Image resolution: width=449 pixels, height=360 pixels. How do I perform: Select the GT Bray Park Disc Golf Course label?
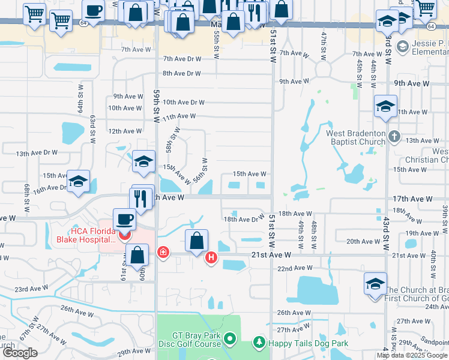[x=188, y=340]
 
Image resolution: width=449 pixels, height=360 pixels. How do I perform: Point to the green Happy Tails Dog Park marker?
[x=259, y=342]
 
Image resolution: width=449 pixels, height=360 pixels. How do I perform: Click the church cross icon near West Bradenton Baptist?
[x=394, y=136]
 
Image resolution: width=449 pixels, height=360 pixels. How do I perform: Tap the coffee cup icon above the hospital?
[x=125, y=220]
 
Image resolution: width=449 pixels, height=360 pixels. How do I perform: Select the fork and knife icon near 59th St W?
[x=140, y=198]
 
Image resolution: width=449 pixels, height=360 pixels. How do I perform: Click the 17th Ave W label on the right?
[x=412, y=199]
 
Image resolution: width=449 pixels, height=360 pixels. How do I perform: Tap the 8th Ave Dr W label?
[x=181, y=74]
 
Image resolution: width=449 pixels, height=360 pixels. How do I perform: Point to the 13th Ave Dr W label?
[x=37, y=153]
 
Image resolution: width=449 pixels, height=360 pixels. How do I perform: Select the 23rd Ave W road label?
[x=31, y=289]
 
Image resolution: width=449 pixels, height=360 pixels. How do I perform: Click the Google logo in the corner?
[x=20, y=353]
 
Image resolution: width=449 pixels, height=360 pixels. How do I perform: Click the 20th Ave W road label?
[x=361, y=241]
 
